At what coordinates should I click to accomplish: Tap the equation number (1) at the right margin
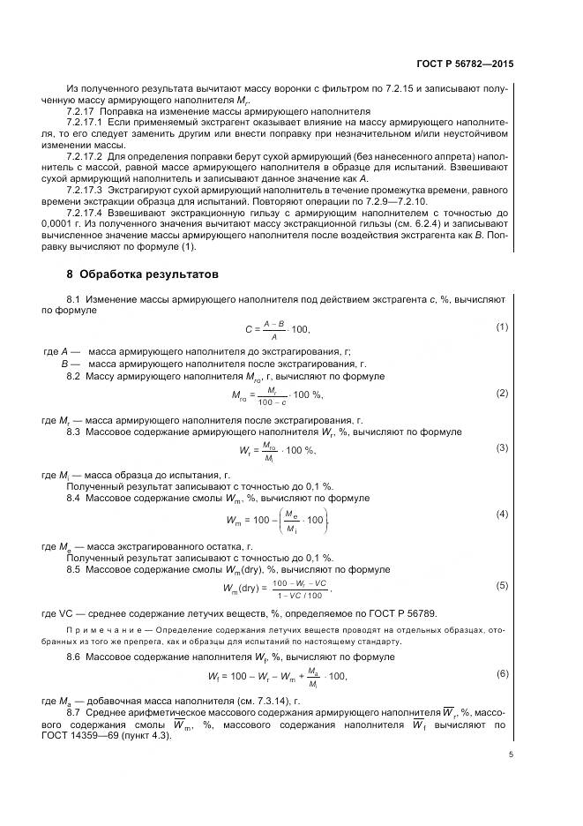click(x=502, y=327)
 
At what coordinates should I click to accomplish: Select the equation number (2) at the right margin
click(x=502, y=392)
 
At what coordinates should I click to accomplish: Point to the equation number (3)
click(x=502, y=447)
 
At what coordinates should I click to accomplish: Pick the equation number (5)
click(x=502, y=585)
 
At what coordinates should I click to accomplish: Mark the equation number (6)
click(x=502, y=674)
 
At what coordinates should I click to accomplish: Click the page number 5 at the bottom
click(x=511, y=754)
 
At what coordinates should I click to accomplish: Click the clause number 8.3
click(x=74, y=432)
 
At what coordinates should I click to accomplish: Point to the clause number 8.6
click(x=74, y=657)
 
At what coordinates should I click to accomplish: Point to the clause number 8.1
click(x=74, y=300)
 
